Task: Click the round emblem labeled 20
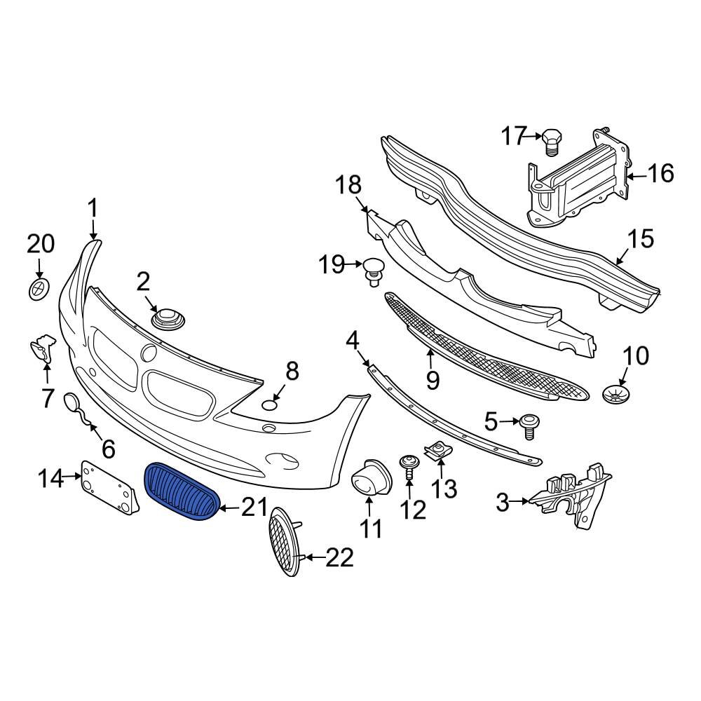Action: pyautogui.click(x=40, y=288)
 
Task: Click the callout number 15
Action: pyautogui.click(x=640, y=239)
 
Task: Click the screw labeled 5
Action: pyautogui.click(x=528, y=425)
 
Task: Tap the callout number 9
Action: pyautogui.click(x=432, y=380)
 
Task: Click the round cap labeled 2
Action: pyautogui.click(x=168, y=320)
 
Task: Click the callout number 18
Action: pyautogui.click(x=348, y=186)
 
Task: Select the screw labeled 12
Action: pyautogui.click(x=409, y=464)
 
